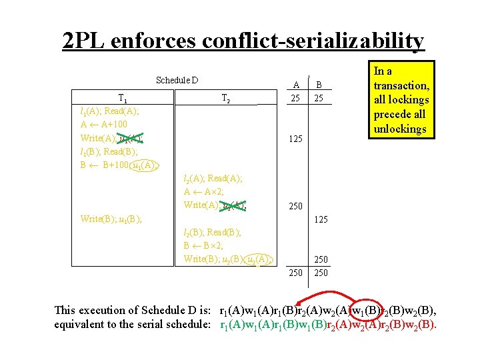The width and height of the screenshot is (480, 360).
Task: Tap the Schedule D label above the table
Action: coord(177,81)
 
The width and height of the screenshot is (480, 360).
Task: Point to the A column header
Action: coord(296,85)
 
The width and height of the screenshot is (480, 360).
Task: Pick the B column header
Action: coord(319,85)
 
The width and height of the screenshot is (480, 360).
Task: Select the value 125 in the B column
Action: coord(322,219)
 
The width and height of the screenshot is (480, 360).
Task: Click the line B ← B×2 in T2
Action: coord(207,245)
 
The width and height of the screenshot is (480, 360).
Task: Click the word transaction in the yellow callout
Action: coord(401,85)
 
